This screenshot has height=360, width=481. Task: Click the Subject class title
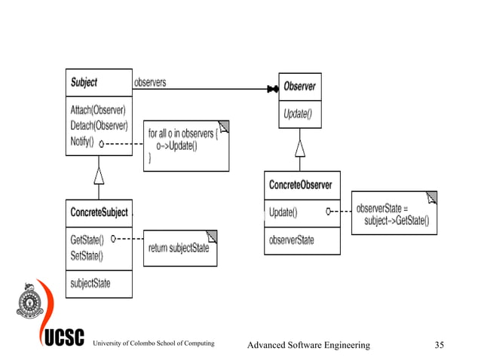84,81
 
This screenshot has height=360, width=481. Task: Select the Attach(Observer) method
98,110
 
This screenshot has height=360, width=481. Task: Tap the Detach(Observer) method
99,125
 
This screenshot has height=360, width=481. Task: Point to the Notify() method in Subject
81,141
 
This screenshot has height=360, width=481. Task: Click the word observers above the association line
150,81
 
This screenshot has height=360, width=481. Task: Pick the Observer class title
299,86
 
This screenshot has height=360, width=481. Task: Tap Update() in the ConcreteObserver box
283,212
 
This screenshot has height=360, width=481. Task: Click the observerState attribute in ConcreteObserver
292,240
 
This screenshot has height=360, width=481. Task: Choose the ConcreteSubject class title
99,212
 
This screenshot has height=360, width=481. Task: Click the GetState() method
86,239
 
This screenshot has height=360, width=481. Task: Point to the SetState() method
86,255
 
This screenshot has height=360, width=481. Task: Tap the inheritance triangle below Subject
98,175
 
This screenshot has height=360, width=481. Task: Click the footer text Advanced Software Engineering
309,345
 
